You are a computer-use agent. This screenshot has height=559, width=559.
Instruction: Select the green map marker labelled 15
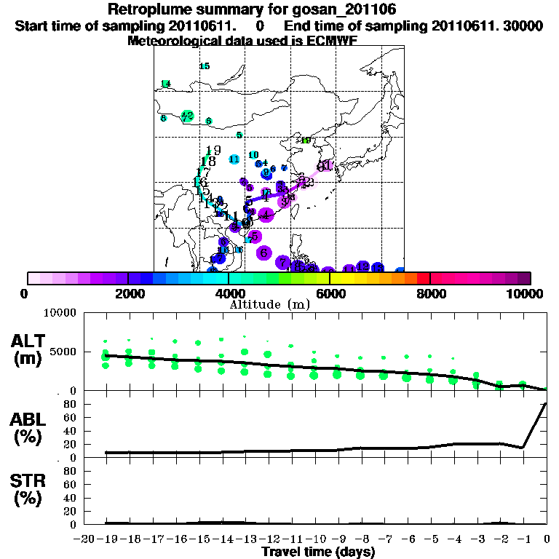tap(205, 66)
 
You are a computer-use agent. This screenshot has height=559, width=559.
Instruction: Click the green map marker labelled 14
tap(165, 84)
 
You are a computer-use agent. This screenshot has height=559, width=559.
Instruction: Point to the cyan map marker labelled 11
tap(234, 159)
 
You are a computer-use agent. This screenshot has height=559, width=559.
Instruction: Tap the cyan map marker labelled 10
tap(253, 155)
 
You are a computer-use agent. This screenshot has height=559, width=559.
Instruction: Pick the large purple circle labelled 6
tap(263, 253)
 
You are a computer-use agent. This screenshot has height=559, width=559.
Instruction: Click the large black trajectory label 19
tap(213, 150)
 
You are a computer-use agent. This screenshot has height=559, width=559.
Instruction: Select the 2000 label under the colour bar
tap(128, 293)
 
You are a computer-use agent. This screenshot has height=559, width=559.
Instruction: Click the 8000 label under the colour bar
tap(430, 293)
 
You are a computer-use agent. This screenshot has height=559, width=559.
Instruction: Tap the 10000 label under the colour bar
tap(528, 293)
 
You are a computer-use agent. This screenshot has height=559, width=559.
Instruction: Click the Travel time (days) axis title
tap(318, 552)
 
